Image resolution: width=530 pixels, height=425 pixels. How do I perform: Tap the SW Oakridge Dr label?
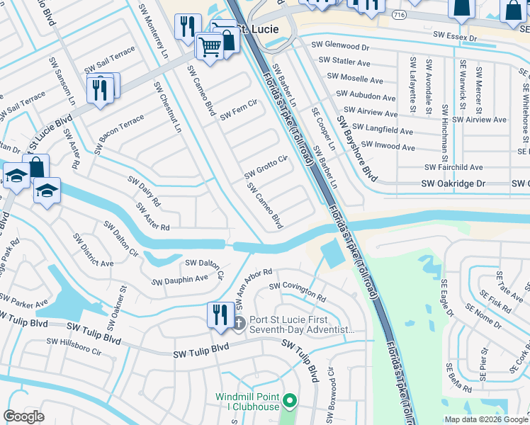tap(455, 183)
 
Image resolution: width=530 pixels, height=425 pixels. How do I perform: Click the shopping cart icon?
tap(210, 46)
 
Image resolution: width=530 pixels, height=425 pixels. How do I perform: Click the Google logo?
tap(23, 416)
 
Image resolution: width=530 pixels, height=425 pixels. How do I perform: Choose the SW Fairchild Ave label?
tap(453, 167)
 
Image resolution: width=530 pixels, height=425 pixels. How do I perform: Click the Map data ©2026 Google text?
tap(485, 419)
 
